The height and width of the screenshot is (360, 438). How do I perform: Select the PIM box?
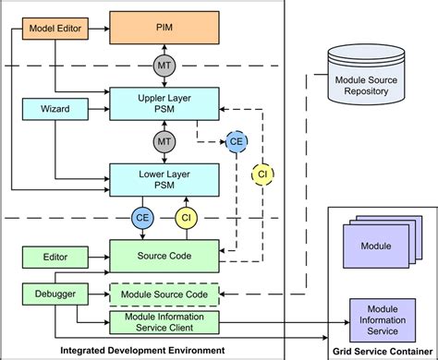tap(165, 30)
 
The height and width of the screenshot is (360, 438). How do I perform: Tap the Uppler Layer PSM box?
tap(165, 101)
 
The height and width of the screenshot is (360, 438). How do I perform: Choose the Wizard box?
tap(54, 110)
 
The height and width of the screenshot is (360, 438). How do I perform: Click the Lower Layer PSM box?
tap(165, 177)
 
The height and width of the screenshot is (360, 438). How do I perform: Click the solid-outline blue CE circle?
tap(143, 218)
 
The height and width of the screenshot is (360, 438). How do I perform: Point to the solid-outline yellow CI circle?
tap(188, 218)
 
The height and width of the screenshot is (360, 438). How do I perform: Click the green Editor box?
tap(54, 254)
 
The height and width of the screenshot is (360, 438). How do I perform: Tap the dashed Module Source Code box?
tap(165, 295)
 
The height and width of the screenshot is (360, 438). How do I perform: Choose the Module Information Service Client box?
tap(165, 321)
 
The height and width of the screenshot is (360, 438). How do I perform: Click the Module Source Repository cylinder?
tap(359, 80)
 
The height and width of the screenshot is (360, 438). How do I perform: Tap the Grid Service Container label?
tap(382, 350)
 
